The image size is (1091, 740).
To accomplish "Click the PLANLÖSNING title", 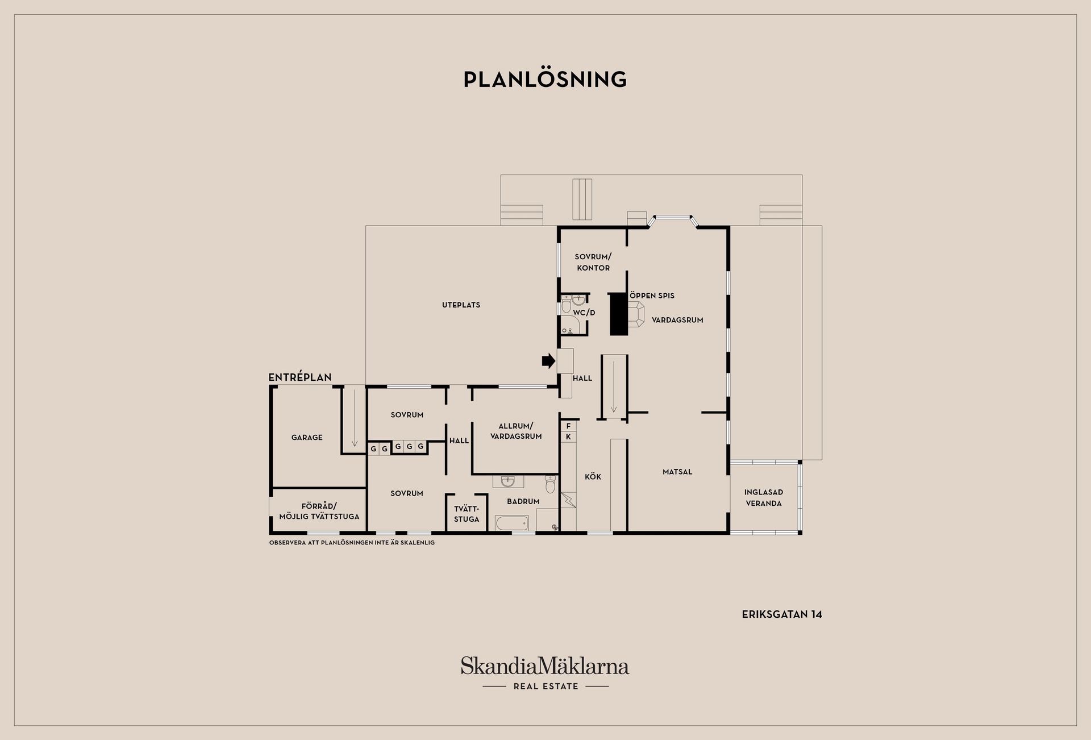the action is [x=545, y=79].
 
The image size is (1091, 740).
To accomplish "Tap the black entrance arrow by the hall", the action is [x=548, y=361].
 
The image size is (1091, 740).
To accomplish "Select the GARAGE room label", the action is [x=307, y=438].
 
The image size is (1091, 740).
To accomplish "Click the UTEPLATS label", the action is [x=461, y=305].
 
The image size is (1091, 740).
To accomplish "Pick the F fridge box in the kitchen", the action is [x=568, y=426].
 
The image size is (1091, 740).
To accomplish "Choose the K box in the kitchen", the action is [x=568, y=437].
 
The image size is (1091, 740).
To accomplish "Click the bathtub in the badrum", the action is [x=511, y=523].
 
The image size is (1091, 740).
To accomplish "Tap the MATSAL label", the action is [x=677, y=472].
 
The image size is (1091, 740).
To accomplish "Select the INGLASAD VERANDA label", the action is [x=764, y=498].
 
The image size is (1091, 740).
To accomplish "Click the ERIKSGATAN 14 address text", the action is [x=782, y=614].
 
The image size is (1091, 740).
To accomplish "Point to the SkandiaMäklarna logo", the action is [x=545, y=673].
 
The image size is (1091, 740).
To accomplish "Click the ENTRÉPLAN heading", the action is [x=300, y=377].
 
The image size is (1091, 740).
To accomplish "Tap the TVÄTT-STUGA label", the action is [x=467, y=514].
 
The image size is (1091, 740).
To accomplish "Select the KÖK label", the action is [x=593, y=477].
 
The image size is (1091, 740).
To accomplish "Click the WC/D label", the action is [x=584, y=313].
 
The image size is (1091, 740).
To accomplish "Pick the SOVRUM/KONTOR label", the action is [x=593, y=262].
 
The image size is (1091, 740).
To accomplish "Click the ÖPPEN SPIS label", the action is [x=652, y=296].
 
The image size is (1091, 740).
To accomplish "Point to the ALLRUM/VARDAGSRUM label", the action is [x=516, y=431].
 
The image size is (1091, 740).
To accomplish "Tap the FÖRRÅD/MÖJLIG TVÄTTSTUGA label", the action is [x=319, y=512].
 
